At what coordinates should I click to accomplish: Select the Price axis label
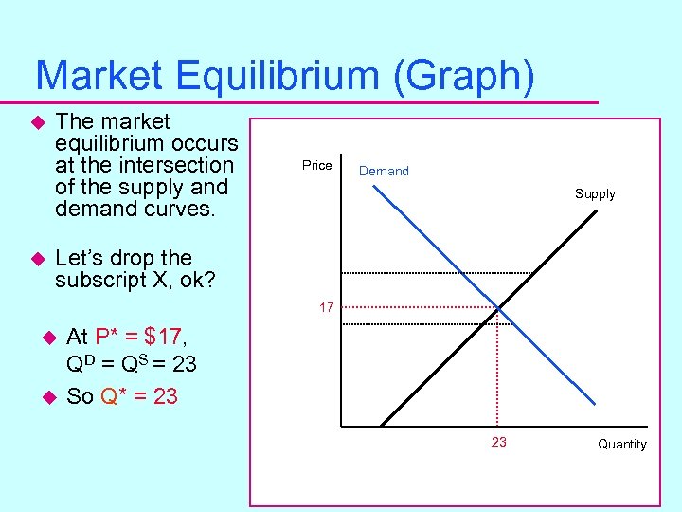pos(316,166)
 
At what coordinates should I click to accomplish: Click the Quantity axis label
pos(622,445)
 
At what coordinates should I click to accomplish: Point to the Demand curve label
pos(384,172)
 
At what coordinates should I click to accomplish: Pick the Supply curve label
pos(595,194)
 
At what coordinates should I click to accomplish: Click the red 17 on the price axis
pos(326,308)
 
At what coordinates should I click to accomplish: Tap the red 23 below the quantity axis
pos(498,442)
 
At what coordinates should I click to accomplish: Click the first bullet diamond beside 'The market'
pos(39,122)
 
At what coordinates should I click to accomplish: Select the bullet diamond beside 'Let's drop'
pos(39,259)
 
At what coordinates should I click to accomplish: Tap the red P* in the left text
pos(108,337)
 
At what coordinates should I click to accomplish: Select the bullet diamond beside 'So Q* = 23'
pos(51,396)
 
